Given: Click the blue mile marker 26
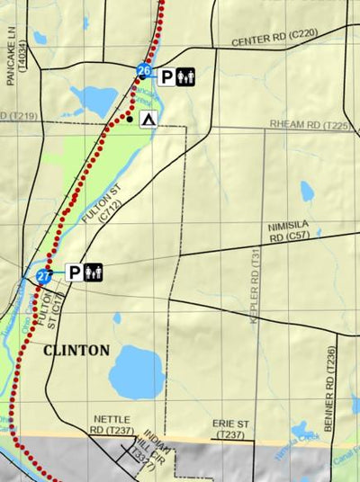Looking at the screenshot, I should pos(143,71).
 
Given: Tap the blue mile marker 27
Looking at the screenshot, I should pos(44,277).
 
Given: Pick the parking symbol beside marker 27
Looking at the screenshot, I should pos(73,272).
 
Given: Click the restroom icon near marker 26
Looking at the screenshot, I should pos(186,77).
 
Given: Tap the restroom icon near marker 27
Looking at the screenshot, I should pos(94,272).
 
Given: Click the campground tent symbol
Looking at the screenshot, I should pos(148,119).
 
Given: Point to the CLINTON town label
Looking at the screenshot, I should pos(76,350).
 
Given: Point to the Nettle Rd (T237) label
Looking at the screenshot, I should pos(112,425).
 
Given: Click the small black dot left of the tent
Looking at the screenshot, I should pos(130,118).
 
